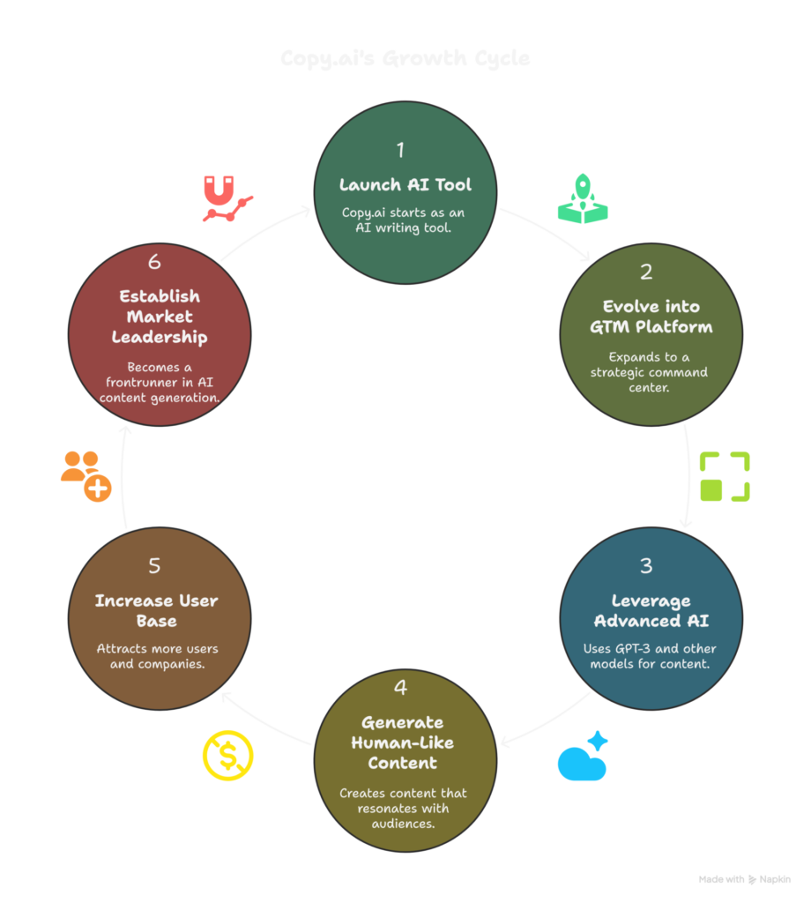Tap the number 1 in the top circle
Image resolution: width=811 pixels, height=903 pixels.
coord(400,149)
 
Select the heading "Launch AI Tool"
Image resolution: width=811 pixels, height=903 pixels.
coord(405,185)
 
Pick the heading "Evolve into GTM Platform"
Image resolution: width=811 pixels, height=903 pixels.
coord(651,317)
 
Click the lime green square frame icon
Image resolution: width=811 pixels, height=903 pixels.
coord(725,476)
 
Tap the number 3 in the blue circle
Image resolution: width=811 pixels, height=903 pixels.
coord(647,567)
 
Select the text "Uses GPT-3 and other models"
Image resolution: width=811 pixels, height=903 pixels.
coord(651,656)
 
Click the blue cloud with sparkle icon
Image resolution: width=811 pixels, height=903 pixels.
coord(584,757)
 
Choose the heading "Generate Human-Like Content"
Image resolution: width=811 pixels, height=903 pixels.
coord(404,742)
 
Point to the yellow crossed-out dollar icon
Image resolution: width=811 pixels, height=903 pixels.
coord(228,757)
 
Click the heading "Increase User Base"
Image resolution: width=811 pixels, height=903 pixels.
coord(157,610)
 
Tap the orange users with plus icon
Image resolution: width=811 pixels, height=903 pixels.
coord(86,476)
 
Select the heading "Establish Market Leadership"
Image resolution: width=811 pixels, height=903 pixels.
coord(159,317)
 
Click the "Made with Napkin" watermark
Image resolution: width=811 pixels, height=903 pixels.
coord(745,879)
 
